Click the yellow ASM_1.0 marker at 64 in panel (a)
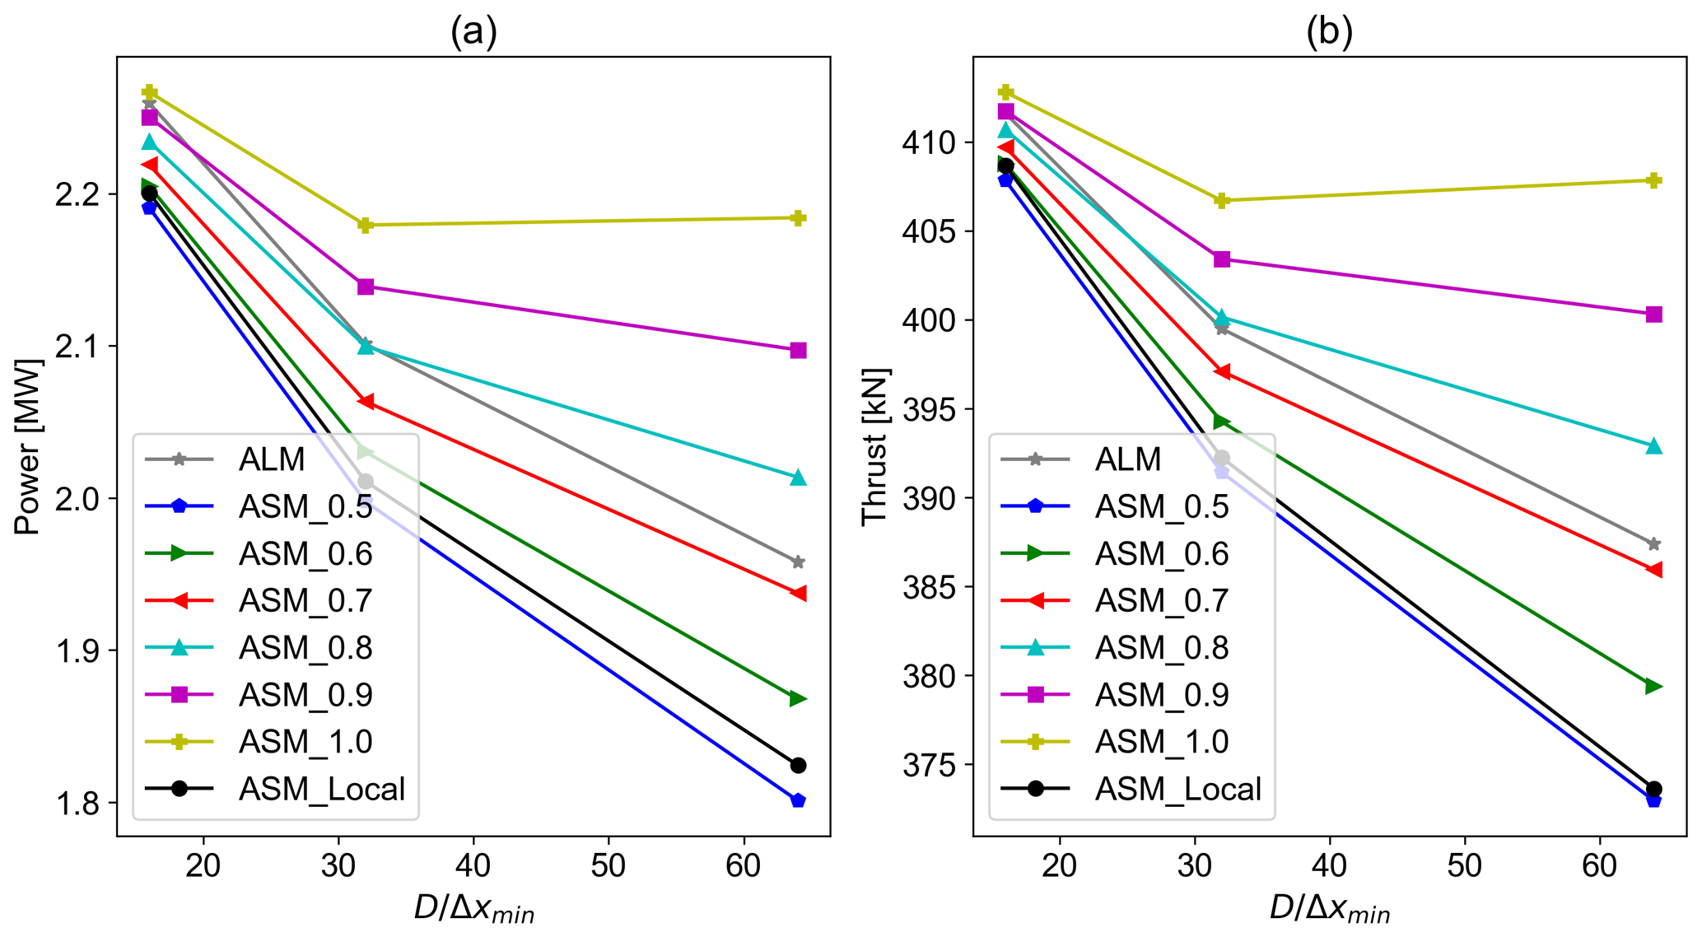[x=797, y=218]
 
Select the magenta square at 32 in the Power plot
[x=366, y=287]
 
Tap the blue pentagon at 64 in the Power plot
[x=797, y=800]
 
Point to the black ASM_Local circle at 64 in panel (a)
[x=797, y=766]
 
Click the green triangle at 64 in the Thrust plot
[x=1653, y=687]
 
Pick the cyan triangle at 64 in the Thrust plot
[x=1653, y=447]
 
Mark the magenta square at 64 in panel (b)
[x=1653, y=315]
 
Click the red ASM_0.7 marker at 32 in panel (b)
[x=1222, y=372]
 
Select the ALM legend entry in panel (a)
[x=272, y=459]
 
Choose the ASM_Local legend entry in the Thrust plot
[x=1177, y=790]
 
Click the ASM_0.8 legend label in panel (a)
[x=305, y=649]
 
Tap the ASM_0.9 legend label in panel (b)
[x=1162, y=696]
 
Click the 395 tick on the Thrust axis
[x=930, y=409]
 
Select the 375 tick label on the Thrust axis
[x=930, y=765]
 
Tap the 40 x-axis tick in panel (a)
[x=473, y=866]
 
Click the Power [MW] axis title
[x=28, y=446]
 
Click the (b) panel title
[x=1329, y=32]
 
